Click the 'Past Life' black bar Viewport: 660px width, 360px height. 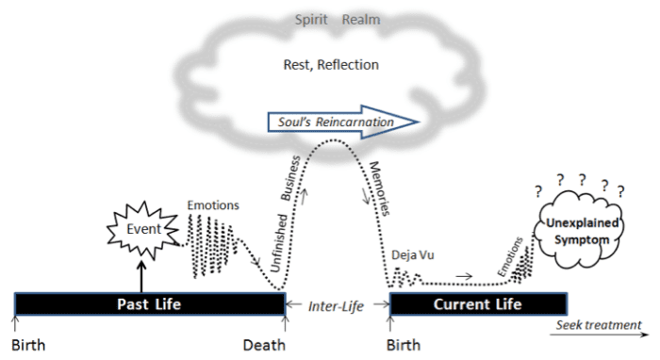[150, 304]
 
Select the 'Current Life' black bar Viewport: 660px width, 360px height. [478, 304]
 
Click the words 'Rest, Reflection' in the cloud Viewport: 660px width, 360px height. [331, 65]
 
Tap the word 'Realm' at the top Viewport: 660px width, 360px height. [362, 19]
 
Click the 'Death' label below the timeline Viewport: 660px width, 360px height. [265, 344]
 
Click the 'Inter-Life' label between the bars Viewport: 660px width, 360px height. [337, 304]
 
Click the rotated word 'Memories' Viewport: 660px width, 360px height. [381, 175]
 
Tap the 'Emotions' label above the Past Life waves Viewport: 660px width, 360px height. [213, 205]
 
